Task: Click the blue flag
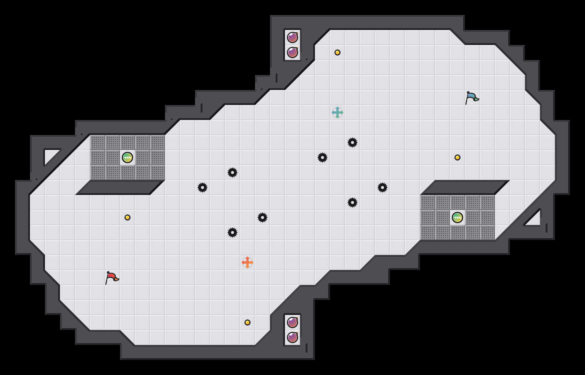pyautogui.click(x=471, y=97)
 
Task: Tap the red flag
pyautogui.click(x=111, y=277)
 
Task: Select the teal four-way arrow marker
pyautogui.click(x=337, y=112)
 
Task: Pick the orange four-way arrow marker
pyautogui.click(x=247, y=262)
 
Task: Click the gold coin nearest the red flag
pyautogui.click(x=127, y=217)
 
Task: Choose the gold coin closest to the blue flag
pyautogui.click(x=457, y=157)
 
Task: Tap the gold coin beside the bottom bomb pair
pyautogui.click(x=247, y=322)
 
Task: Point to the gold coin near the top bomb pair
pyautogui.click(x=337, y=52)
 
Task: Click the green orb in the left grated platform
pyautogui.click(x=127, y=157)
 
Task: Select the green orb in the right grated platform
pyautogui.click(x=457, y=217)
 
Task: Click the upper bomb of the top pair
pyautogui.click(x=292, y=37)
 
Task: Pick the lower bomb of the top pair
pyautogui.click(x=292, y=52)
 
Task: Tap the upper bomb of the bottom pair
pyautogui.click(x=292, y=322)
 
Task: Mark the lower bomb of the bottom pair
pyautogui.click(x=292, y=337)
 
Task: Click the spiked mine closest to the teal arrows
pyautogui.click(x=352, y=142)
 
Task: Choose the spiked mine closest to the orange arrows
pyautogui.click(x=232, y=232)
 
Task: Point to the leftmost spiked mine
pyautogui.click(x=202, y=187)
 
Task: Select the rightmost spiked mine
pyautogui.click(x=382, y=187)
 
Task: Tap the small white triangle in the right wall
pyautogui.click(x=534, y=220)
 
